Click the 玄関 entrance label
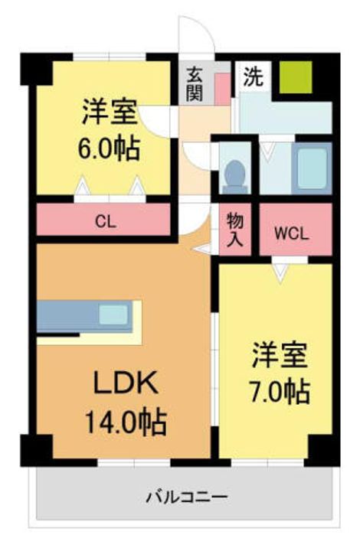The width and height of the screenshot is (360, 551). click(x=195, y=83)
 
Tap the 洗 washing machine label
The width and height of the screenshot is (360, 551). click(x=254, y=77)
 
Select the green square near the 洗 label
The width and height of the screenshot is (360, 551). click(x=296, y=77)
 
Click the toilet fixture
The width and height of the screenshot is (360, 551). click(x=234, y=177)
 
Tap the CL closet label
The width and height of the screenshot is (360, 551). click(x=106, y=222)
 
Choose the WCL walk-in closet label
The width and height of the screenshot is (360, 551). click(x=291, y=233)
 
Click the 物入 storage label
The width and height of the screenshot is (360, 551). click(x=235, y=230)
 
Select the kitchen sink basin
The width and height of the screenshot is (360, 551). click(x=113, y=315)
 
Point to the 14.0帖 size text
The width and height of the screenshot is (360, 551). click(x=126, y=422)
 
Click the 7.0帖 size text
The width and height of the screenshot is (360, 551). click(x=280, y=391)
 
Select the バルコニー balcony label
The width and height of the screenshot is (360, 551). click(x=187, y=497)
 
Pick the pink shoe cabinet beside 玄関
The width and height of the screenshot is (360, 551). click(x=222, y=90)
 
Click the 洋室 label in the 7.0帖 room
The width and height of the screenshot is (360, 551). click(x=280, y=355)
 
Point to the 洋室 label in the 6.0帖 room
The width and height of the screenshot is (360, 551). click(x=110, y=112)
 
